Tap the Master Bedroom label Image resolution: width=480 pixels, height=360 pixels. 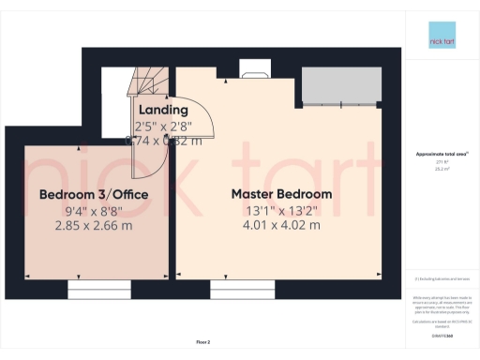tap(281, 194)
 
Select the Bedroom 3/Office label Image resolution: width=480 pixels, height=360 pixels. tap(80, 194)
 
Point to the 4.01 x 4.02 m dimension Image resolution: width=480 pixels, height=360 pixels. tap(281, 225)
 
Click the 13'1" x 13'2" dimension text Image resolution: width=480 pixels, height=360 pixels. tap(281, 210)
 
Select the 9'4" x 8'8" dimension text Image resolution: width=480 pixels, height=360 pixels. tap(80, 210)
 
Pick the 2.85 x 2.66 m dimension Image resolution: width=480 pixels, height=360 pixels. tap(80, 225)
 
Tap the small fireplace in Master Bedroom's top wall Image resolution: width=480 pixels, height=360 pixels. tap(255, 67)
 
